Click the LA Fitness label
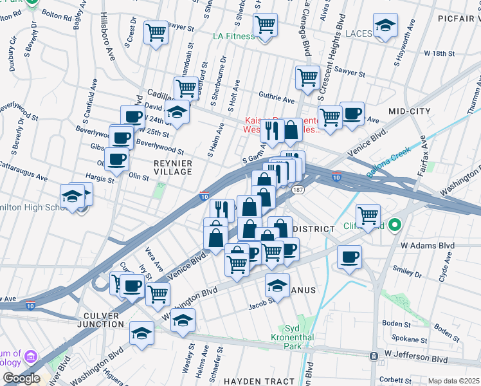[x=234, y=36]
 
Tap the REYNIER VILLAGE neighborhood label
[x=172, y=167]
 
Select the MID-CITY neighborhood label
[x=409, y=111]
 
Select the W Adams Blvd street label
[x=427, y=245]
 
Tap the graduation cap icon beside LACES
[x=385, y=26]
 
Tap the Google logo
[x=21, y=378]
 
